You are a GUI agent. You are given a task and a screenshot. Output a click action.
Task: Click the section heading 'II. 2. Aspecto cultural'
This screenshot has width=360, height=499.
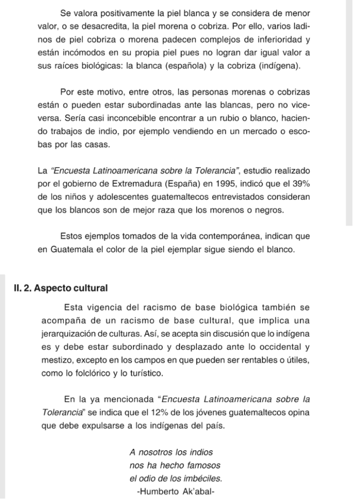pyautogui.click(x=60, y=288)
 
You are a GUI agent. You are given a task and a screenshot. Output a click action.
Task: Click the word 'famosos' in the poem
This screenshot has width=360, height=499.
pyautogui.click(x=201, y=465)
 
